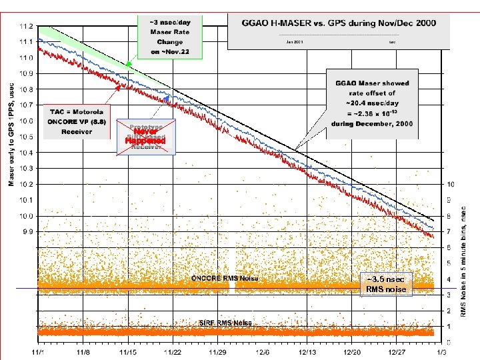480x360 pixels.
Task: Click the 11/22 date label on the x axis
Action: [173, 351]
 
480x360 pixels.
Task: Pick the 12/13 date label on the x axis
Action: [309, 351]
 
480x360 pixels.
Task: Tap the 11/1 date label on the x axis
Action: [38, 351]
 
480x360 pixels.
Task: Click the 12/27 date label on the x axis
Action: [399, 351]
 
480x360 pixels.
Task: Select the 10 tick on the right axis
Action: [451, 184]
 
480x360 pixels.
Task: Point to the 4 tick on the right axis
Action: [449, 279]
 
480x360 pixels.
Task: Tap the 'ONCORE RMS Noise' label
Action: [225, 278]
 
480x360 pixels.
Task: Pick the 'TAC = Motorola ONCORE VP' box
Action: [76, 121]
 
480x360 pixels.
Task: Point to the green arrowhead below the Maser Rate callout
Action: [129, 65]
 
